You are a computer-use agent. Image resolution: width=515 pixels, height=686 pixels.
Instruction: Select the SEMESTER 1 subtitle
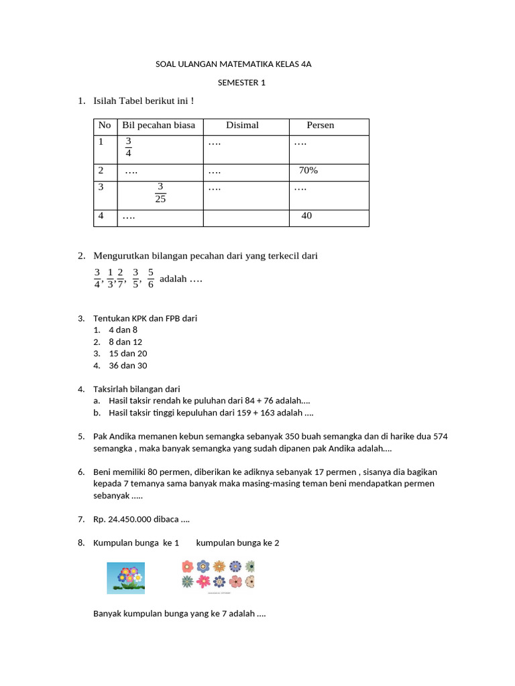coord(241,83)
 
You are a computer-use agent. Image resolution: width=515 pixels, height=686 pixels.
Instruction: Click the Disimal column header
coord(242,125)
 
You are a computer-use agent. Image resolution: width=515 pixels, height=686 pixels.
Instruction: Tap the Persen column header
coord(320,125)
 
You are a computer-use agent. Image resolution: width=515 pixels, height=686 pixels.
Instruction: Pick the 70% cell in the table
coord(308,171)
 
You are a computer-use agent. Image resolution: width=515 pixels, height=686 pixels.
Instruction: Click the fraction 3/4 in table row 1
coord(129,147)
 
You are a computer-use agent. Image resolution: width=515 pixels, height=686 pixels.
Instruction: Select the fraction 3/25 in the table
coord(160,193)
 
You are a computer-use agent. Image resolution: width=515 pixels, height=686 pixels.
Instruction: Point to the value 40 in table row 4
coord(306,216)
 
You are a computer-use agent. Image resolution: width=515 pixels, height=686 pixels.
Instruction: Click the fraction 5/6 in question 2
coord(151,278)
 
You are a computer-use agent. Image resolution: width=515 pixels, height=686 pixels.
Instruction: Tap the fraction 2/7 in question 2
coord(120,278)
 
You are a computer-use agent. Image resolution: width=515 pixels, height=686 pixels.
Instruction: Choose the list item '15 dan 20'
coord(127,354)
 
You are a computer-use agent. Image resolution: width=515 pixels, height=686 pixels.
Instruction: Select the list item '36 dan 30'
coord(127,366)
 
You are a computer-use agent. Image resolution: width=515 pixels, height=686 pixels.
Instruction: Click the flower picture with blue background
coord(125,577)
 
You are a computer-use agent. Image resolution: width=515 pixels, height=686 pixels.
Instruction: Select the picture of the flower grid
coord(217,574)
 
